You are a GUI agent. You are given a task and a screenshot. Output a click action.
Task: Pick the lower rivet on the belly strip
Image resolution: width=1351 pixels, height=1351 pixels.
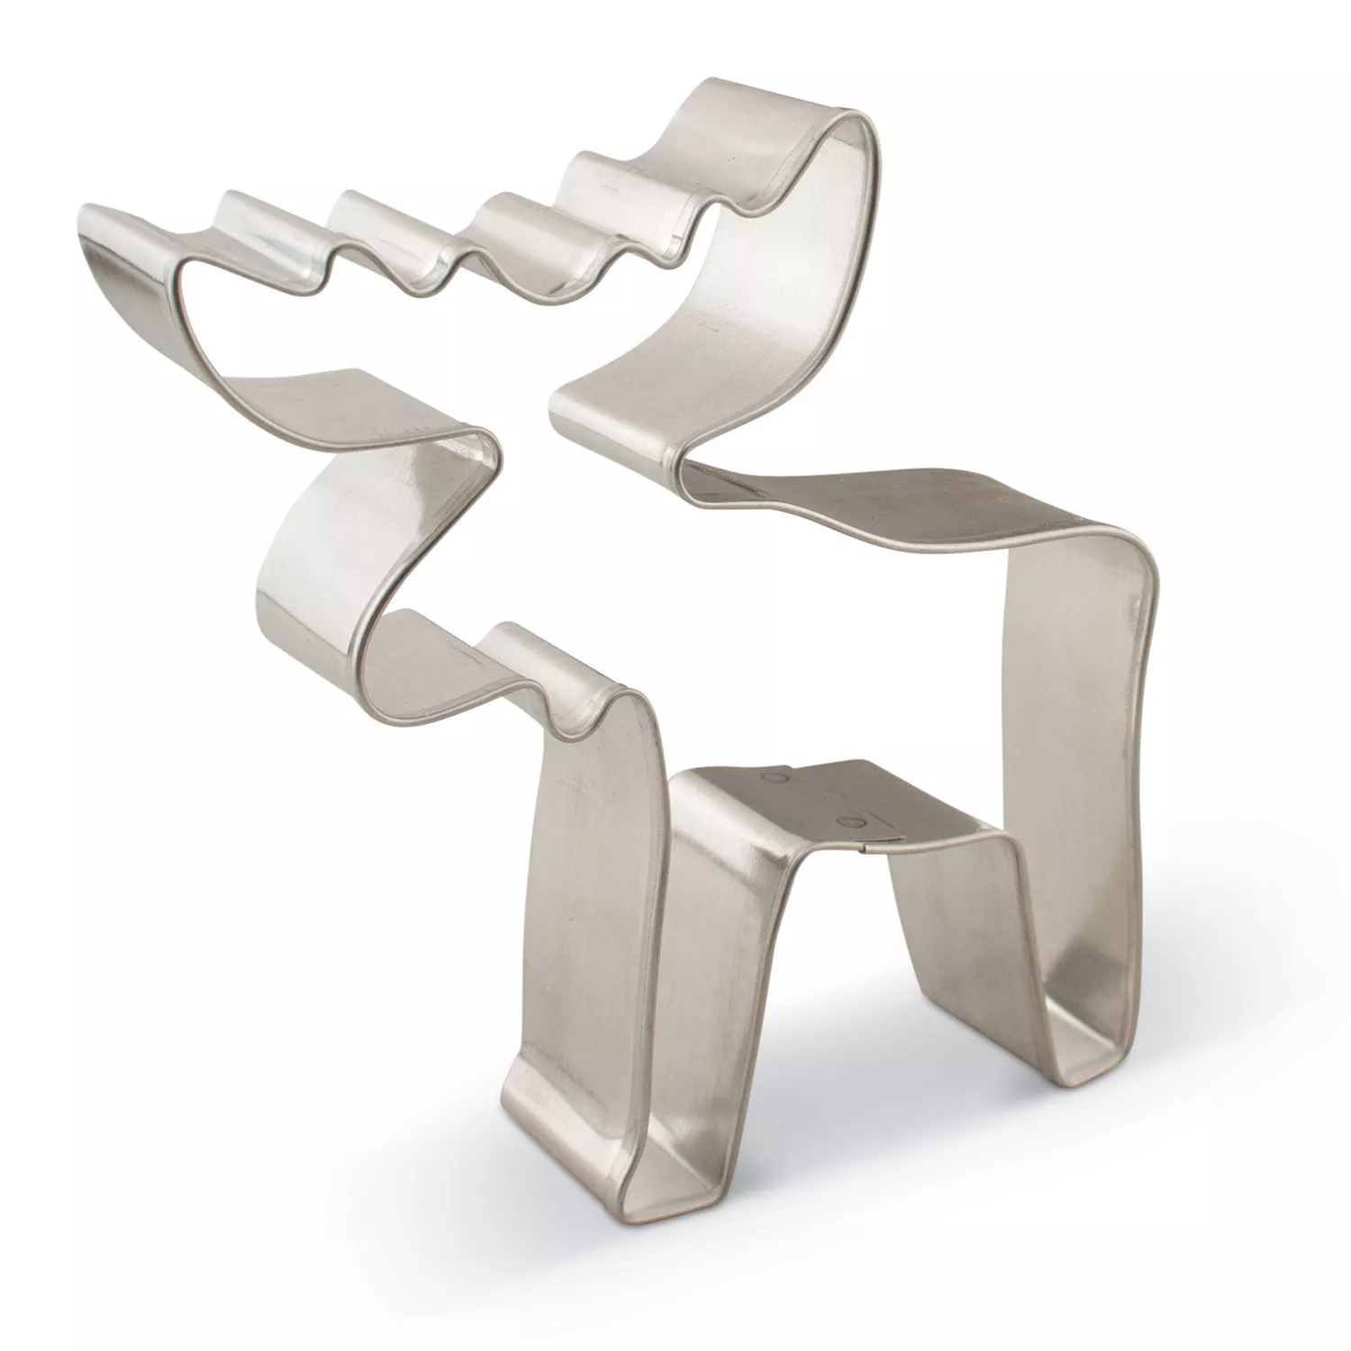pos(848,821)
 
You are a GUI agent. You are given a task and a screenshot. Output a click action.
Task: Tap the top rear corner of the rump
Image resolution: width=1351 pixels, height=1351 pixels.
pos(1130,549)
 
